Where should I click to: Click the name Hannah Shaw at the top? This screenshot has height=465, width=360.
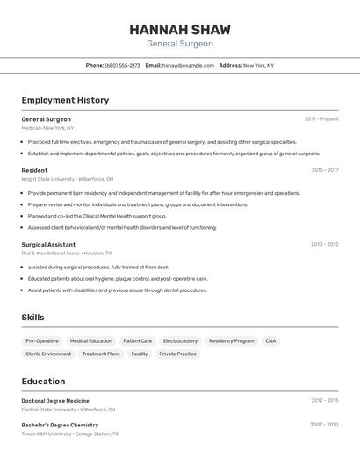[x=179, y=29]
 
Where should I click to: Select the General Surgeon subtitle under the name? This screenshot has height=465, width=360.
[x=179, y=44]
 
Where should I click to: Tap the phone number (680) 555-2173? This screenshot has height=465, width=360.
[x=123, y=65]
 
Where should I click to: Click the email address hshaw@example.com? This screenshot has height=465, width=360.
[x=188, y=65]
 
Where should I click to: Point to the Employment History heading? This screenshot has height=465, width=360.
[x=65, y=100]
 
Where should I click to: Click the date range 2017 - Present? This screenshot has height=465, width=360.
[x=321, y=119]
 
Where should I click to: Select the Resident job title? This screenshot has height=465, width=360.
[x=34, y=170]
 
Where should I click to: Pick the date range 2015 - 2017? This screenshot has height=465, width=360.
[x=325, y=170]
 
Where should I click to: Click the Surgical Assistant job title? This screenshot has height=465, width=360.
[x=48, y=244]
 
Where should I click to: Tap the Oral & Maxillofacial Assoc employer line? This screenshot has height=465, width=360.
[x=61, y=253]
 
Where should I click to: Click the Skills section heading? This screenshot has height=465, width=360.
[x=32, y=318]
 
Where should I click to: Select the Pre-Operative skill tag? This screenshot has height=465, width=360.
[x=42, y=340]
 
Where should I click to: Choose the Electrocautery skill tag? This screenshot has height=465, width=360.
[x=180, y=340]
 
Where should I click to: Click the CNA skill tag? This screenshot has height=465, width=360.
[x=270, y=340]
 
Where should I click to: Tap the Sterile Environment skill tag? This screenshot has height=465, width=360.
[x=48, y=354]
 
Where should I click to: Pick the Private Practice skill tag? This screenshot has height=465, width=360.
[x=178, y=354]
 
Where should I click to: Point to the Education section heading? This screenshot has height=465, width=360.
[x=43, y=382]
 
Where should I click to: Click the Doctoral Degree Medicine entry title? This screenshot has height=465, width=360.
[x=55, y=401]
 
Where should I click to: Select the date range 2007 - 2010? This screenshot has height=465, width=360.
[x=324, y=425]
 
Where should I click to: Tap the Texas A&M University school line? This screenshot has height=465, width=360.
[x=69, y=433]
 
